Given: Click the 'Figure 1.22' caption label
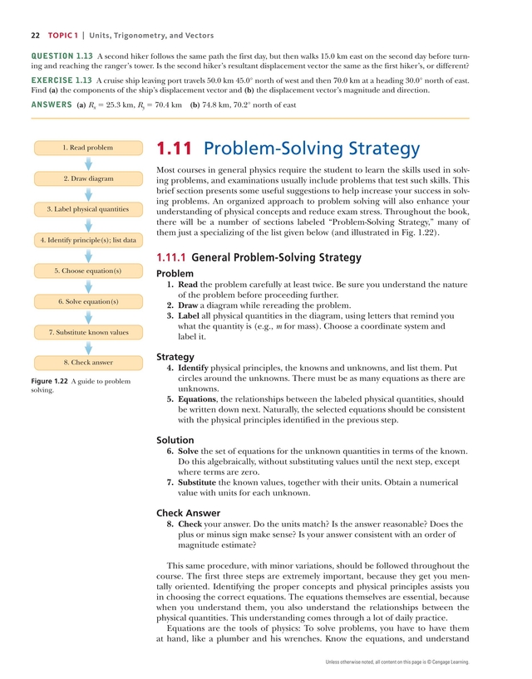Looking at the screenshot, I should [x=49, y=381].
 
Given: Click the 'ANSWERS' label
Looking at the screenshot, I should [x=50, y=105].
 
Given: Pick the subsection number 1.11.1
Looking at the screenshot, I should [x=171, y=257].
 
